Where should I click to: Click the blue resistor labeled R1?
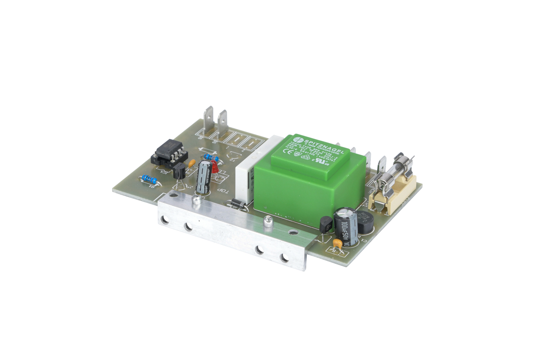point(149,179)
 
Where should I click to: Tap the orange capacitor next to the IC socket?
point(192,163)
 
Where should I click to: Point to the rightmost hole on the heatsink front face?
point(283,258)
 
